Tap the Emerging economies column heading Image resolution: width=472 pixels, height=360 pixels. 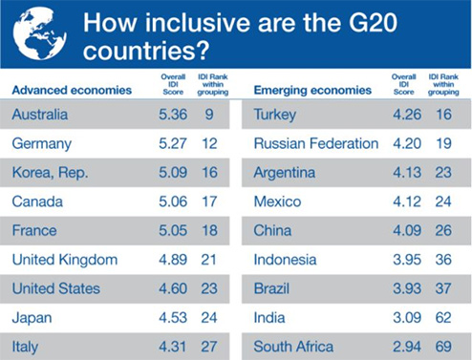point(312,91)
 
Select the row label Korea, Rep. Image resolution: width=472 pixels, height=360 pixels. point(48,173)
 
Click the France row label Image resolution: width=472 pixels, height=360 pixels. point(33,230)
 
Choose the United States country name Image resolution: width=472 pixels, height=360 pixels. point(55,287)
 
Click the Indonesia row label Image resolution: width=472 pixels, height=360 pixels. point(287,259)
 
